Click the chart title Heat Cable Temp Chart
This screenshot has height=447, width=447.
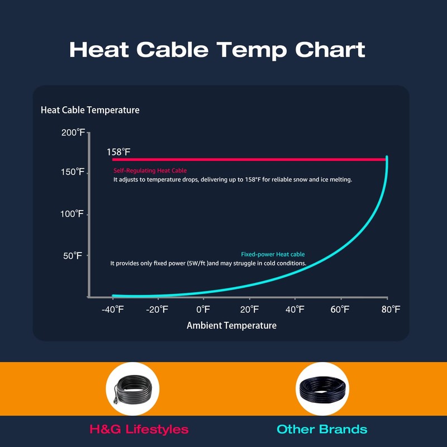[217, 50]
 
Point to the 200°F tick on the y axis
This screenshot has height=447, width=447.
[73, 132]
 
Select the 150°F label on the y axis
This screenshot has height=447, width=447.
[73, 172]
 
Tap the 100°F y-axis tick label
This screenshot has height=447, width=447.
[73, 214]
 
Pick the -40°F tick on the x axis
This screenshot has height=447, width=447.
[113, 309]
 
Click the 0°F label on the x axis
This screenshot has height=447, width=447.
[203, 309]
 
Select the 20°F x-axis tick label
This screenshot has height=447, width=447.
[249, 309]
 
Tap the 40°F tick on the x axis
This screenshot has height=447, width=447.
[295, 309]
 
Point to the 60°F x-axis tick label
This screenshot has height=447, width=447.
[340, 309]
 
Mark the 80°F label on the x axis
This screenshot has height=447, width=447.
[387, 309]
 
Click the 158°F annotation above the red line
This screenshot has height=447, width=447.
[118, 152]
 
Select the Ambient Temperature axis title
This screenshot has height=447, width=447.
[231, 325]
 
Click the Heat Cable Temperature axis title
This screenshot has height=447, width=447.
[90, 110]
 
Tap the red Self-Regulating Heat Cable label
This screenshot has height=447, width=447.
[150, 170]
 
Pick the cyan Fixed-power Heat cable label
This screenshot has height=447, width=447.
[273, 254]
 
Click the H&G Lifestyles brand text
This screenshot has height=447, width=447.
[139, 429]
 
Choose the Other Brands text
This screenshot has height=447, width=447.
[322, 429]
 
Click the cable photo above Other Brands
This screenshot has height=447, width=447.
[322, 388]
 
